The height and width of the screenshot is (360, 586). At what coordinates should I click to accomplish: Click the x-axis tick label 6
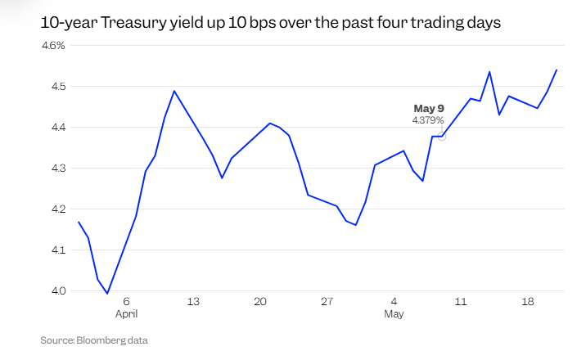click(127, 301)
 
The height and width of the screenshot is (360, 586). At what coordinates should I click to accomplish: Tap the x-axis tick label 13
click(193, 301)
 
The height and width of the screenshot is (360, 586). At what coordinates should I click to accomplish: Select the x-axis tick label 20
click(260, 301)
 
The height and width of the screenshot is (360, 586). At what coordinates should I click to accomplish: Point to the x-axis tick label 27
click(327, 301)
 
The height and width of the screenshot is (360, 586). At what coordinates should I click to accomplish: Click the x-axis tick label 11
click(461, 301)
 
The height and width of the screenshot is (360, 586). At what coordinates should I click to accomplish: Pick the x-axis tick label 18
click(528, 301)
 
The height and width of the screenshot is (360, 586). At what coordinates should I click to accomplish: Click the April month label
click(127, 313)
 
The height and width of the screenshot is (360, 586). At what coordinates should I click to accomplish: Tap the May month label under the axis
click(394, 313)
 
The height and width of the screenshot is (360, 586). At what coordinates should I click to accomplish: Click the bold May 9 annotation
click(429, 108)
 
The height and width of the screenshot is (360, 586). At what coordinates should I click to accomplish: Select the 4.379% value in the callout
click(428, 120)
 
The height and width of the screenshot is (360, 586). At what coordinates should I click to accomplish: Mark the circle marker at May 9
click(443, 136)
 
